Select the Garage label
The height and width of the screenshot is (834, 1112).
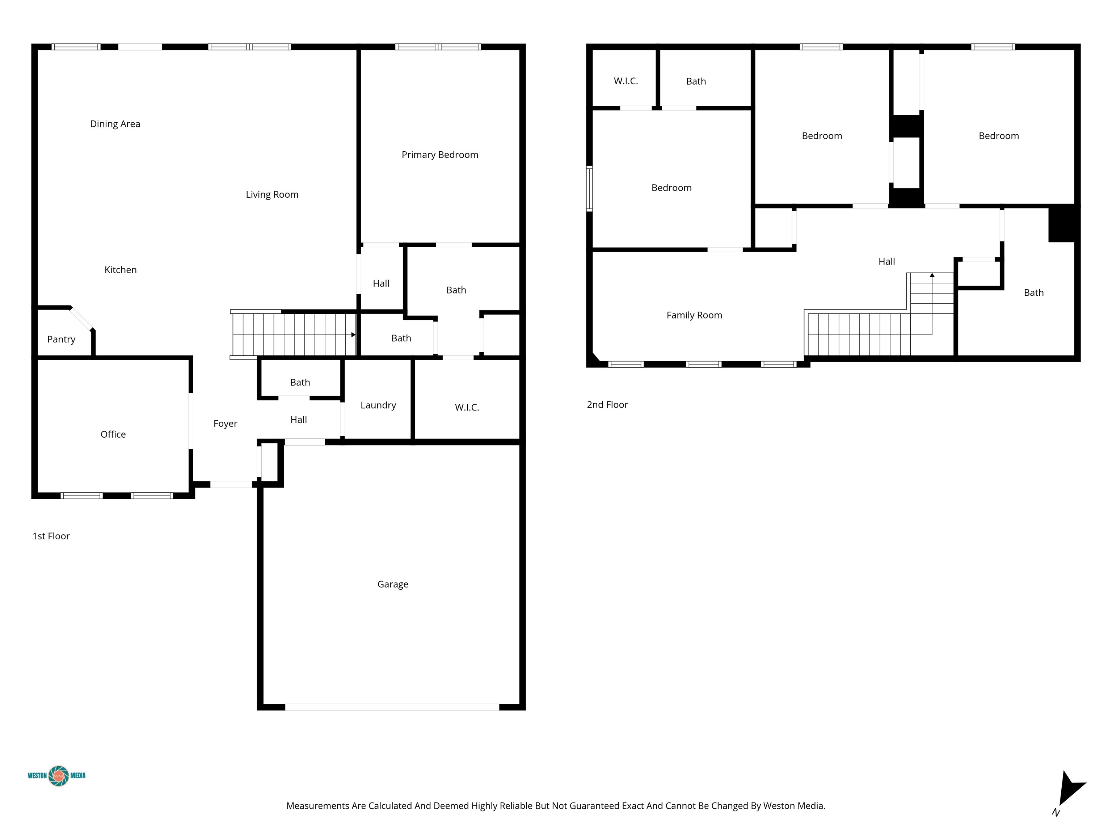point(393,584)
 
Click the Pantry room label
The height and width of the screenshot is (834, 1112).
point(61,339)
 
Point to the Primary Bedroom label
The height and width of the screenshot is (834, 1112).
point(440,155)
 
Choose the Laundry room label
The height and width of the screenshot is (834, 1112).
point(378,405)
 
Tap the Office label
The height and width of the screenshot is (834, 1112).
point(113,434)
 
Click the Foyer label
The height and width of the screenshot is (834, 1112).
point(225,424)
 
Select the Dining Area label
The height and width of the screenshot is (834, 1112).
point(115,124)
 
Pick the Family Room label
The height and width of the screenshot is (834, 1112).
point(694,315)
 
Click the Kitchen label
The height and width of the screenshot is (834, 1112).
point(121,270)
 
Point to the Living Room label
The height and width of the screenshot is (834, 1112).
point(272,194)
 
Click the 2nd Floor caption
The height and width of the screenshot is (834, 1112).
point(607,405)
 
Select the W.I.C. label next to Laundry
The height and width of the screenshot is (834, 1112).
point(467,408)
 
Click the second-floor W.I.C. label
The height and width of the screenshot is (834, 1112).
point(626,81)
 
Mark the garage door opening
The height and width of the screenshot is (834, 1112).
point(392,707)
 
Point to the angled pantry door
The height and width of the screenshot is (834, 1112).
point(81,318)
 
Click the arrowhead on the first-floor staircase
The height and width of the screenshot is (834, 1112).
point(353,335)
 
